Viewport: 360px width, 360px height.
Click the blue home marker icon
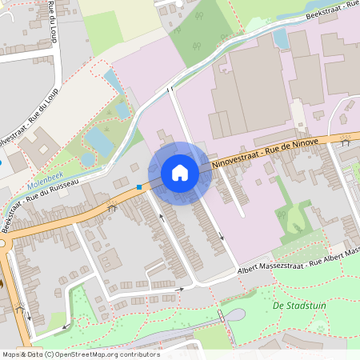pos(180,173)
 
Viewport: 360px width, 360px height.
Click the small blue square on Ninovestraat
pos(139,187)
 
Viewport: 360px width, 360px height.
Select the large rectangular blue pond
pos(99,141)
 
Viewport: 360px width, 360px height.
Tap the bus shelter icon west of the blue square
pos(112,207)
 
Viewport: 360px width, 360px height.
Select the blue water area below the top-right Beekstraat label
pos(280,37)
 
